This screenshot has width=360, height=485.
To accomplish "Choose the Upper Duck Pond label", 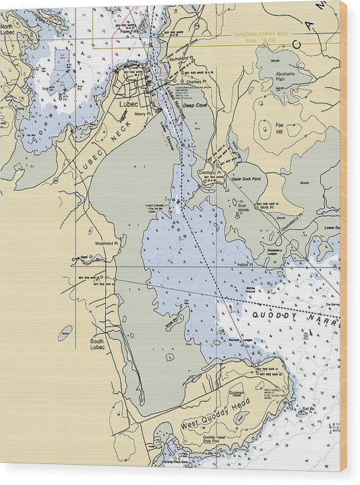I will point(245,179).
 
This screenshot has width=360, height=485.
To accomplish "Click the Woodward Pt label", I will point(107,243).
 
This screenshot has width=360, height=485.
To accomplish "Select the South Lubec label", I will point(97,344).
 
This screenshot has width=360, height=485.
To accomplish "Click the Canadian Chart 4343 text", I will point(260,34).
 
